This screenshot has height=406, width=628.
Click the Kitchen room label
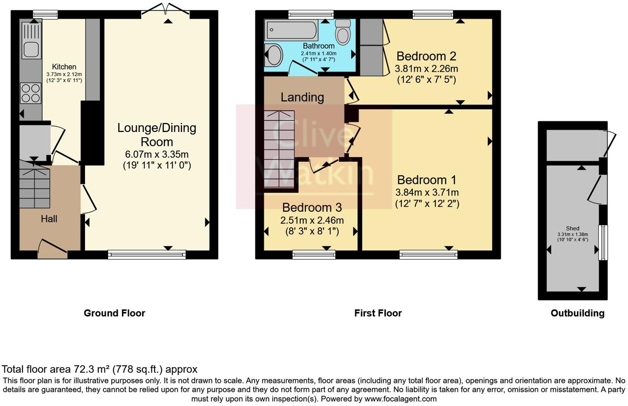pos(64,67)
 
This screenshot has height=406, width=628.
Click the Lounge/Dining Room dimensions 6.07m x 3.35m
pos(157,154)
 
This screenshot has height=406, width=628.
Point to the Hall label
pos(49,219)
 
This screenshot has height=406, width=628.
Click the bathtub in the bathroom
pos(292,29)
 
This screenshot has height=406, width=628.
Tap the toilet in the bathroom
pos(343,32)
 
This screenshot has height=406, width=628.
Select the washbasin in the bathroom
pos(274,55)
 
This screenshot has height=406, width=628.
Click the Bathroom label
pos(319,46)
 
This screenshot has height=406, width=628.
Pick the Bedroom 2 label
pos(426,56)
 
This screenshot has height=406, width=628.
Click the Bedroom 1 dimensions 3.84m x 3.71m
pos(427,192)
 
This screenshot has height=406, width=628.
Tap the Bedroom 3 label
pos(312,208)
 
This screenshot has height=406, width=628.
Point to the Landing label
pos(302,97)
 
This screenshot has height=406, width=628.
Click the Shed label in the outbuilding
pos(573,229)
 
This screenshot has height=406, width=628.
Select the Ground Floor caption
pos(114,313)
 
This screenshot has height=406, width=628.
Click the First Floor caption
pos(378,313)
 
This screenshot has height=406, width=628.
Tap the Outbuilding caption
pos(578,313)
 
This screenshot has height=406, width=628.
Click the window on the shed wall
pos(603,243)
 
